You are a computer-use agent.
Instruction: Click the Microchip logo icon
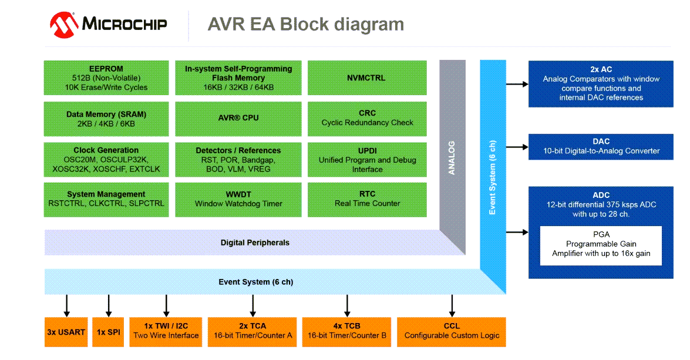[x=64, y=24]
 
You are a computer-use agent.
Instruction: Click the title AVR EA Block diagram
[x=305, y=25]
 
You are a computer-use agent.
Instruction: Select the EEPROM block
[x=106, y=78]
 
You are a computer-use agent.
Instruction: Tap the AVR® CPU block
[x=238, y=118]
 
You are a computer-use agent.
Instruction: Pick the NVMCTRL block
[x=367, y=78]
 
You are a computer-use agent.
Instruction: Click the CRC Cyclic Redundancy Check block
[x=367, y=118]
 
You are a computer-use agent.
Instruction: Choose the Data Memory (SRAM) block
[x=106, y=119]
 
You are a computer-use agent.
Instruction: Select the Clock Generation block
[x=106, y=159]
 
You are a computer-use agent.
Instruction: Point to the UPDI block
[x=367, y=159]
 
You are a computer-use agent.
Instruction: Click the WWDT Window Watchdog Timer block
[x=238, y=199]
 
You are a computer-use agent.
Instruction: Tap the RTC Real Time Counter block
[x=367, y=199]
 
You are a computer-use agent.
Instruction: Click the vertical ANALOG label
[x=452, y=157]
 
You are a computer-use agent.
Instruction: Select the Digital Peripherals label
[x=255, y=243]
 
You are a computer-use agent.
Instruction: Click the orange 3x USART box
[x=66, y=332]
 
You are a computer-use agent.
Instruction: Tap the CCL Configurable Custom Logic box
[x=452, y=332]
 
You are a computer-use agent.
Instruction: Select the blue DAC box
[x=601, y=146]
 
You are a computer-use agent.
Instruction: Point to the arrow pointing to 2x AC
[x=517, y=85]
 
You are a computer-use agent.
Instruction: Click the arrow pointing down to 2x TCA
[x=253, y=305]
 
